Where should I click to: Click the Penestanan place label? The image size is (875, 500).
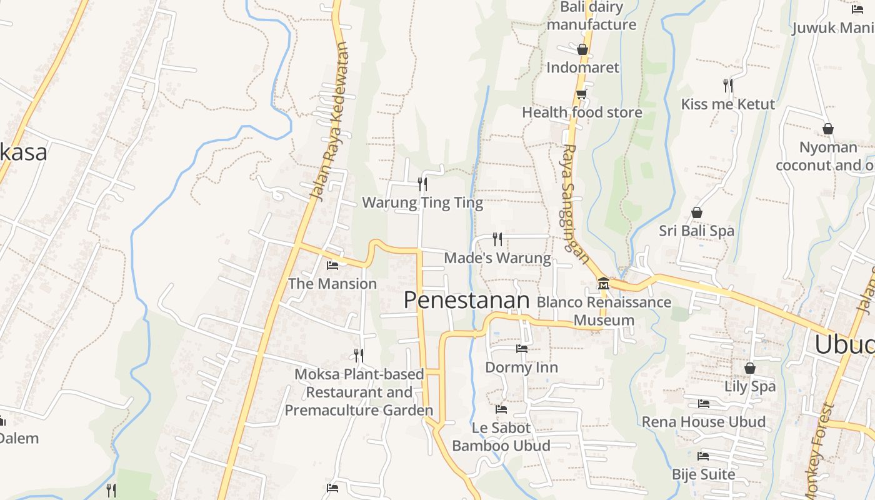pos(466,301)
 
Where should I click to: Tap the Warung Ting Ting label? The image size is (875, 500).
pos(422,202)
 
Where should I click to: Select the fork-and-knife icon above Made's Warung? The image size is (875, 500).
pos(497,239)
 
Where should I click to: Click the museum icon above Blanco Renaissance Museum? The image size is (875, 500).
pos(604,284)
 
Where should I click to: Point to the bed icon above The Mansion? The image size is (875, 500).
pos(332,266)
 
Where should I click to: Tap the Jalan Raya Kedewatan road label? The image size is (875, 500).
pos(329,122)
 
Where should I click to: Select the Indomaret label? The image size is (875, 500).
pos(582,67)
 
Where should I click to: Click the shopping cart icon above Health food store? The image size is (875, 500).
pos(581,94)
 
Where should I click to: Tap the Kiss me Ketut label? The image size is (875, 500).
pos(727,104)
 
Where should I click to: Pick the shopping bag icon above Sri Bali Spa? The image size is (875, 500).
pos(696,213)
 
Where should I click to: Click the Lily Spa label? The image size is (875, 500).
pos(750,386)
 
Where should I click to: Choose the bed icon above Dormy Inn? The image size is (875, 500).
pos(522,349)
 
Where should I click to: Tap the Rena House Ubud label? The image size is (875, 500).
pos(703,422)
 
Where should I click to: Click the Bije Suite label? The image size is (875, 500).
pos(703,474)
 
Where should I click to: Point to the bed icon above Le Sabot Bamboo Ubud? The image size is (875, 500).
pos(501,409)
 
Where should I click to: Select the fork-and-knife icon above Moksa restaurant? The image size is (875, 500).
pos(359,355)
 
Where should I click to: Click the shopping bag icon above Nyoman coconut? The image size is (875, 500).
pos(828,129)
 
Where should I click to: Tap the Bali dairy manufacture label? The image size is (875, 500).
pos(591,16)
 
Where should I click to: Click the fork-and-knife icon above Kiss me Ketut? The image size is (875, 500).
pos(727,85)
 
